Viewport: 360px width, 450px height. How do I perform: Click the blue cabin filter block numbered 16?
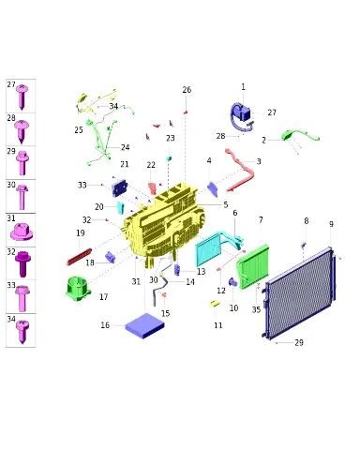click(x=144, y=325)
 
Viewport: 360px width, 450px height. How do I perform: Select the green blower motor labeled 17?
click(x=78, y=288)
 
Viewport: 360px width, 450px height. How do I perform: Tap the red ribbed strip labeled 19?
click(x=80, y=257)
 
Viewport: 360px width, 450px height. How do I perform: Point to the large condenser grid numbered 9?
click(x=299, y=293)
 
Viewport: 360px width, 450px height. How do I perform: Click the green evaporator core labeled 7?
click(x=253, y=267)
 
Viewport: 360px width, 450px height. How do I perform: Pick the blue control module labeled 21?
click(x=120, y=188)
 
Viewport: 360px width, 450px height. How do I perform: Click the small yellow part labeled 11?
click(x=214, y=304)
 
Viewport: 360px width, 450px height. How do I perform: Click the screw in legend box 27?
click(x=22, y=97)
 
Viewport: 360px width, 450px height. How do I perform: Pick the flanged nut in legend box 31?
click(x=22, y=232)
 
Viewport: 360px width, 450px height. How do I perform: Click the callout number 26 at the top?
click(x=187, y=90)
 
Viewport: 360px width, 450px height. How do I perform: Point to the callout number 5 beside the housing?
click(x=226, y=205)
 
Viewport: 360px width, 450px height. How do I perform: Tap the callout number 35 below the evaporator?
click(x=256, y=309)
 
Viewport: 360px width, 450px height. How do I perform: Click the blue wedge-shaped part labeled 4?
click(x=213, y=189)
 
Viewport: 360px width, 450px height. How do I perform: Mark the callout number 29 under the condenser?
click(x=299, y=343)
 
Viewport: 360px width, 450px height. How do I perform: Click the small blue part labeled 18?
click(x=110, y=257)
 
